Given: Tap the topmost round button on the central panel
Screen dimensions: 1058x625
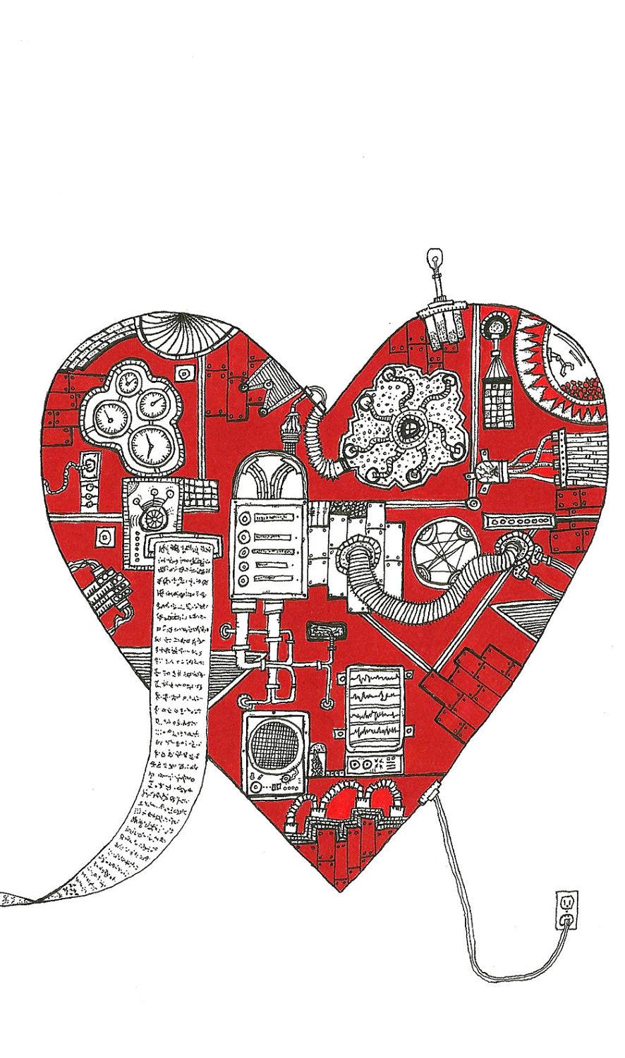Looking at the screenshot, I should (x=245, y=523).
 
